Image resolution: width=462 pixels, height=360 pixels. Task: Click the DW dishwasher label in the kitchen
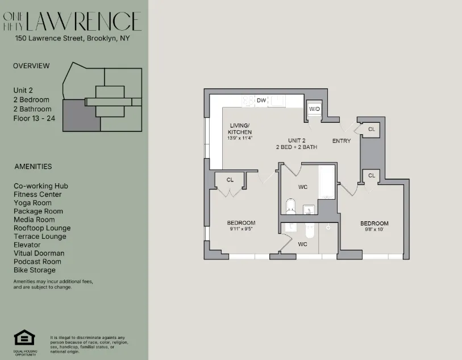(x=261, y=101)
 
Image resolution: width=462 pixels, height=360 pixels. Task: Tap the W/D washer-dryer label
(x=314, y=109)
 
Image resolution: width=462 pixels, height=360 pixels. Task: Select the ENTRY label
(x=342, y=140)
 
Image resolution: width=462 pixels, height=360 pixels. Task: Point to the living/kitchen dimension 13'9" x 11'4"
(x=240, y=138)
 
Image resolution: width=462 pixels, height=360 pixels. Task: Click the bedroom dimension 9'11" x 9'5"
(x=242, y=229)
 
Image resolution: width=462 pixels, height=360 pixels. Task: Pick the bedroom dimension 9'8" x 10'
(x=374, y=230)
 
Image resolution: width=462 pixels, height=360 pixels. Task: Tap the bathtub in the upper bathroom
(x=326, y=182)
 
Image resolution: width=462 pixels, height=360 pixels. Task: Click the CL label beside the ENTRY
(x=372, y=129)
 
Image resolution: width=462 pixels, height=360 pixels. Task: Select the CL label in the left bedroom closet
(x=230, y=180)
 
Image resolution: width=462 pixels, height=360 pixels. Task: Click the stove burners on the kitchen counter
(x=248, y=101)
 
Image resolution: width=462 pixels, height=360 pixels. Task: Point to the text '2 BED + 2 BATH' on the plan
(x=297, y=147)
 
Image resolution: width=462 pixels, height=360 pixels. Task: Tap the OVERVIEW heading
(x=31, y=66)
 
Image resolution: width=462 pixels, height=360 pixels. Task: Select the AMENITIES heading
(x=33, y=167)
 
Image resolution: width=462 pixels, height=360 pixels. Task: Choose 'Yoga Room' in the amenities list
(x=32, y=202)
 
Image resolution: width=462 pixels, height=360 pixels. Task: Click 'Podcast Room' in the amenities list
(x=37, y=262)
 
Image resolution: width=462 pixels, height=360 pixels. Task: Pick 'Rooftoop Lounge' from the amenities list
(x=42, y=228)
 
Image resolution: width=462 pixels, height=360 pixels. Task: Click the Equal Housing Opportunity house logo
(x=24, y=338)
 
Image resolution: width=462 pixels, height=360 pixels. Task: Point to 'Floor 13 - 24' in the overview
(x=35, y=118)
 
